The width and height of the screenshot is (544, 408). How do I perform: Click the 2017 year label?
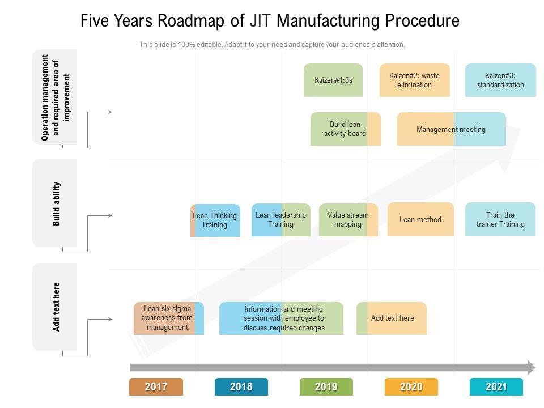pyautogui.click(x=156, y=387)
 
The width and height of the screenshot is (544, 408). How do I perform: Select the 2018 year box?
pyautogui.click(x=241, y=387)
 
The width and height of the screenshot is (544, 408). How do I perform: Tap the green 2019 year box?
pyautogui.click(x=326, y=387)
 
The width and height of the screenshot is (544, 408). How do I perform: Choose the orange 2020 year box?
pyautogui.click(x=411, y=387)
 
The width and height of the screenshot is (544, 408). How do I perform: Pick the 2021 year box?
pyautogui.click(x=496, y=387)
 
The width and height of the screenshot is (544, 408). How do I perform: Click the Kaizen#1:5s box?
pyautogui.click(x=333, y=80)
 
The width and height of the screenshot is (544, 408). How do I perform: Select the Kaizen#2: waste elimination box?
pyautogui.click(x=414, y=80)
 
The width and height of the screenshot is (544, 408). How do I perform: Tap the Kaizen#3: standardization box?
pyautogui.click(x=500, y=80)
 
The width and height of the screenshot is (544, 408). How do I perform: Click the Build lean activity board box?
pyautogui.click(x=345, y=129)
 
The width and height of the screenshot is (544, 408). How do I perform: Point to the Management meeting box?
pyautogui.click(x=451, y=129)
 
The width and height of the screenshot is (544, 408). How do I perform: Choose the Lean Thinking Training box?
pyautogui.click(x=215, y=220)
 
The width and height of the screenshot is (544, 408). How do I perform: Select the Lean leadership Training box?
pyautogui.click(x=280, y=220)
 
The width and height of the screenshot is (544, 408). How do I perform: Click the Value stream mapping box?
pyautogui.click(x=348, y=220)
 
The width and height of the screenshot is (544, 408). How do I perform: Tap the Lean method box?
pyautogui.click(x=420, y=219)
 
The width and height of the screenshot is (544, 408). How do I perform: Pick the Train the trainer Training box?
pyautogui.click(x=500, y=219)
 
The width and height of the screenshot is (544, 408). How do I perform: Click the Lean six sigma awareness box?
pyautogui.click(x=168, y=318)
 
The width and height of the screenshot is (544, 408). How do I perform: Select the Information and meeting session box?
pyautogui.click(x=281, y=318)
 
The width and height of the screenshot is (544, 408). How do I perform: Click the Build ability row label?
pyautogui.click(x=56, y=203)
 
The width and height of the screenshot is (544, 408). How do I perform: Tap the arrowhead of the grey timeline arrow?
pyautogui.click(x=531, y=367)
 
